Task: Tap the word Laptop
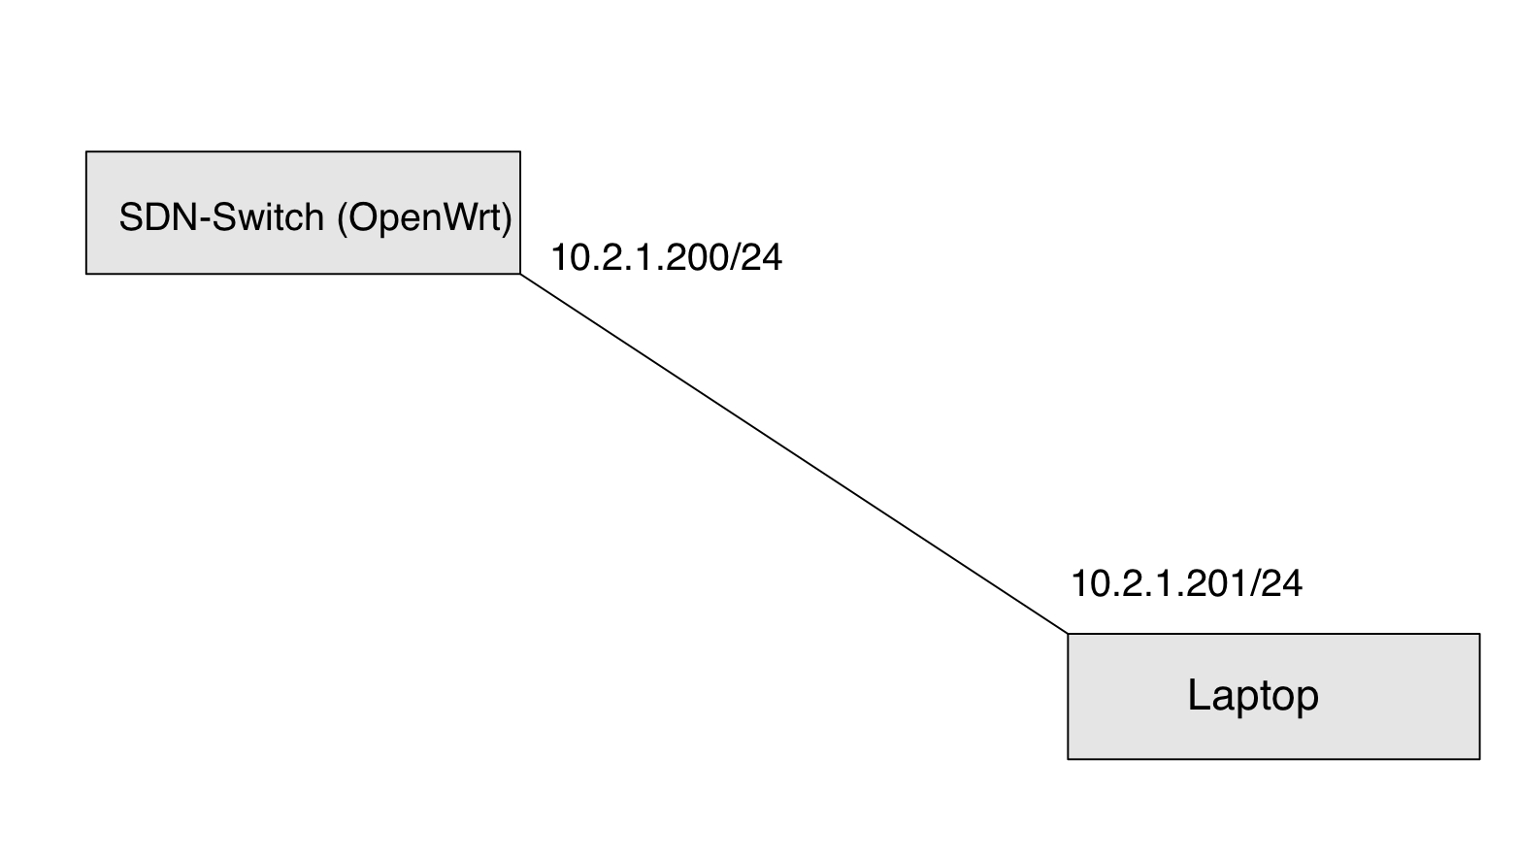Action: (1253, 696)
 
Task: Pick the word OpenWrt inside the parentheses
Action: (424, 218)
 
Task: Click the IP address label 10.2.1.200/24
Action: (666, 257)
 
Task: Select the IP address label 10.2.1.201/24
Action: (1186, 583)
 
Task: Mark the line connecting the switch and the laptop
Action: (794, 454)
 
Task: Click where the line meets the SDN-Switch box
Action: (521, 274)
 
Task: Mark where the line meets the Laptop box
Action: (1068, 634)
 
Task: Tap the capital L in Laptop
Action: (1198, 695)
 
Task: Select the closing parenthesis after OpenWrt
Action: (506, 218)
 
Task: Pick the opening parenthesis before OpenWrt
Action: (343, 218)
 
